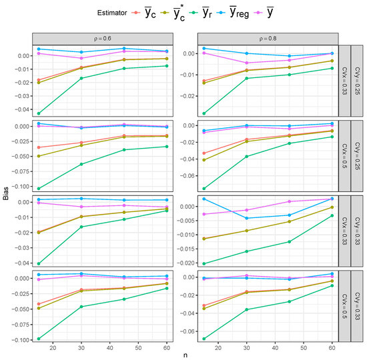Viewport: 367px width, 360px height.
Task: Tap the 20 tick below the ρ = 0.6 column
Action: [52, 347]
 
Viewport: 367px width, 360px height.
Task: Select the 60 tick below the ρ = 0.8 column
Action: [331, 347]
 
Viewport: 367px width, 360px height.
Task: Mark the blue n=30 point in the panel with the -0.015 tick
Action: [246, 218]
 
